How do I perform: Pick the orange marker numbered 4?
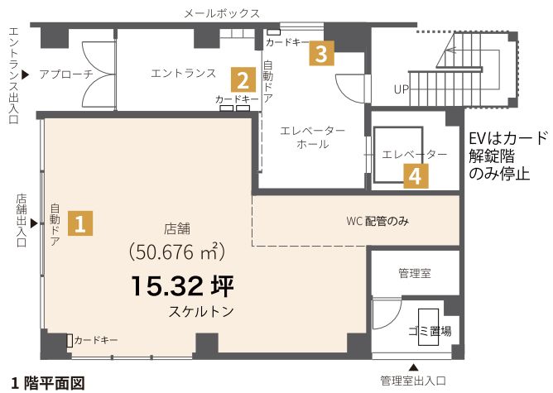(416, 175)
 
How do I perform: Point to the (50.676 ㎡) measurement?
(179, 251)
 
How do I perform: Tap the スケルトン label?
(199, 313)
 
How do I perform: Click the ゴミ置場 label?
(431, 331)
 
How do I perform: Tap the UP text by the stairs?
(402, 89)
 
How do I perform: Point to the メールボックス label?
(222, 13)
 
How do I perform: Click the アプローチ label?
(66, 74)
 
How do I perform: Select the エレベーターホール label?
(312, 137)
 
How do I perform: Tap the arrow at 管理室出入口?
(415, 367)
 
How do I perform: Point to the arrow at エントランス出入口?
(25, 74)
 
